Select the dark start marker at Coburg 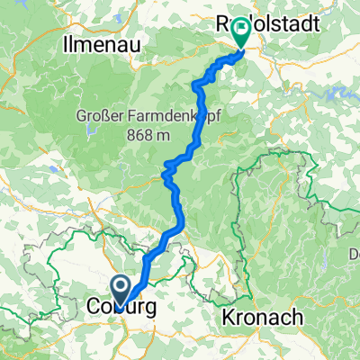(121, 288)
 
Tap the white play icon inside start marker (121, 287)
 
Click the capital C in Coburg (94, 309)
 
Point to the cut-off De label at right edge (353, 256)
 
